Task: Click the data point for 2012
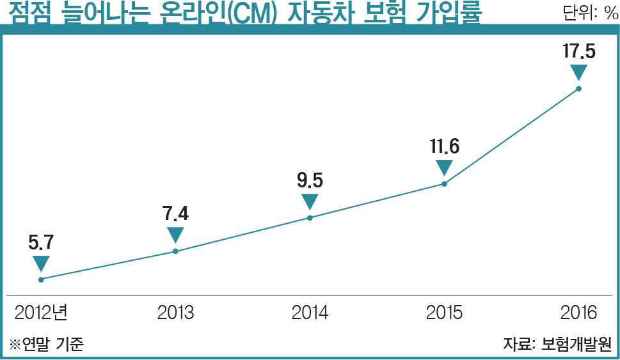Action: pos(41,279)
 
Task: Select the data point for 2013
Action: pos(175,251)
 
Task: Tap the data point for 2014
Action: pos(310,217)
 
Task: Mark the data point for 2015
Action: pos(444,184)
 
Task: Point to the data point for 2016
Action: pos(578,88)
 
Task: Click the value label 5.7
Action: pos(41,242)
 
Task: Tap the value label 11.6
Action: pos(444,146)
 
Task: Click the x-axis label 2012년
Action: pos(41,313)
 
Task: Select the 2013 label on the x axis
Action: pos(175,313)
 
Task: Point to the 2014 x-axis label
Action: pos(310,313)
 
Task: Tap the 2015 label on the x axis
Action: pos(444,313)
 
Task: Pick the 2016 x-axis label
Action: pos(578,313)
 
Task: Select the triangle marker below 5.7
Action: pos(41,263)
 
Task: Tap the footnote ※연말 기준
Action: pos(46,344)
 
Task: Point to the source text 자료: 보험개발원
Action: pos(557,344)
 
